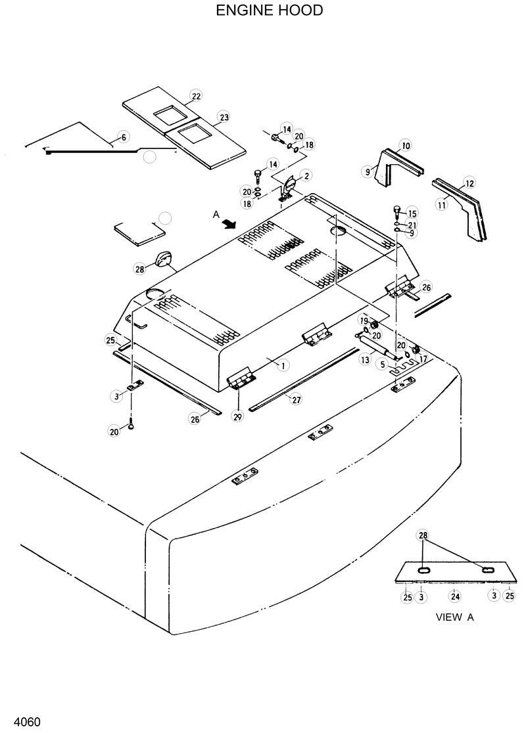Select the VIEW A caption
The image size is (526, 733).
tap(455, 617)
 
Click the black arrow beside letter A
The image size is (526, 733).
tap(228, 225)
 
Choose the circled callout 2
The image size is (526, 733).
tap(306, 175)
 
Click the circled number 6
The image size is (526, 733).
tap(123, 137)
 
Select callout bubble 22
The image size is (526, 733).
tap(195, 96)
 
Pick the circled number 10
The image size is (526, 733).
tap(405, 145)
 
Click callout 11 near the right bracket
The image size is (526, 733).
tap(441, 205)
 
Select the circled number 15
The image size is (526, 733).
tap(412, 213)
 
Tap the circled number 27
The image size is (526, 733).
tap(296, 399)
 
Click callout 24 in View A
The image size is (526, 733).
tap(454, 596)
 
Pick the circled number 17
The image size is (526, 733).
tap(423, 359)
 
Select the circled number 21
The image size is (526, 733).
tap(412, 225)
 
